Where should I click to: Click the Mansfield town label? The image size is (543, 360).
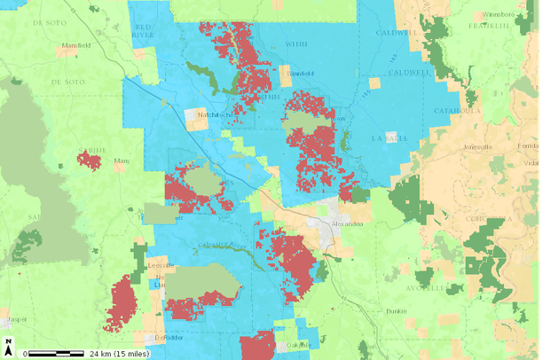point(76,44)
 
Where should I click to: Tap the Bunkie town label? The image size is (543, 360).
point(397,311)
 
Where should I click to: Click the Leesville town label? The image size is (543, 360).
point(161,264)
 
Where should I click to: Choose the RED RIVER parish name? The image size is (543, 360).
point(143,33)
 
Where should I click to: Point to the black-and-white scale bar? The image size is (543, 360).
point(55,353)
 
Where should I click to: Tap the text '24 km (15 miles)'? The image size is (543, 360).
point(118,354)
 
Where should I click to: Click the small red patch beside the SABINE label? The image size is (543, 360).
point(90,160)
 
